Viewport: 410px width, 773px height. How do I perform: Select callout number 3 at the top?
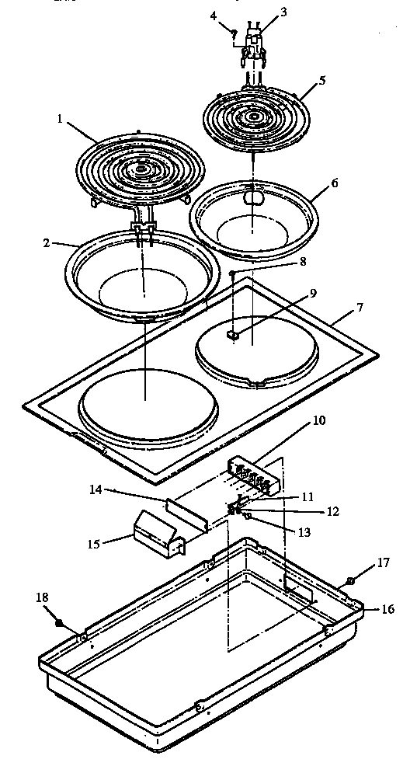tap(261, 13)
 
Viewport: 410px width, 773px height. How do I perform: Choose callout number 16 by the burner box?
tap(388, 610)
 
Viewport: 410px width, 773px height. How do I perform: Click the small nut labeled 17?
tap(350, 580)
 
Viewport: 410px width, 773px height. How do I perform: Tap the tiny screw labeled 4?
tap(234, 31)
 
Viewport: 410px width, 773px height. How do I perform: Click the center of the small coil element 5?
tap(252, 118)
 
